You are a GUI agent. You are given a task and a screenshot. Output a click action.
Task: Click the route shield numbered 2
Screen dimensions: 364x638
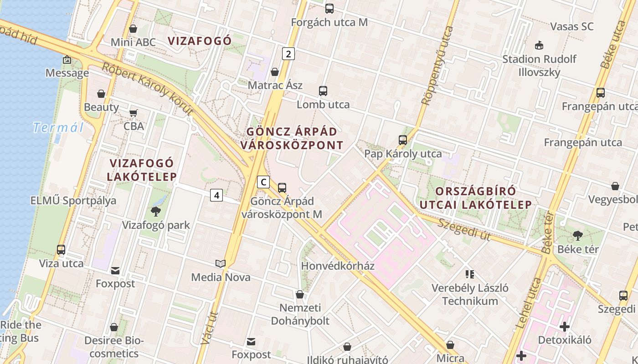coord(288,54)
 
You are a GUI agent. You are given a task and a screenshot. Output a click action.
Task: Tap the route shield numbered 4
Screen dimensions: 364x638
coord(216,195)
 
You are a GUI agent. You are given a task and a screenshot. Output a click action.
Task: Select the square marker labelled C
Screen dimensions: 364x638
coord(263,182)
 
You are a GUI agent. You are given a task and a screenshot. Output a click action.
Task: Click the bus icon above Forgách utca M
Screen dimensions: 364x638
coord(329,8)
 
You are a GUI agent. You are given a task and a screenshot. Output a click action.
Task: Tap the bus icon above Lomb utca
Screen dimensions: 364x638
coord(323,91)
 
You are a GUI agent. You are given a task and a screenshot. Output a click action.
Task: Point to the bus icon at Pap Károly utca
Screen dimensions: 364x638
coord(403,140)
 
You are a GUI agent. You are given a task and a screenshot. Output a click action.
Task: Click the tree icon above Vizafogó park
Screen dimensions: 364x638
coord(156,211)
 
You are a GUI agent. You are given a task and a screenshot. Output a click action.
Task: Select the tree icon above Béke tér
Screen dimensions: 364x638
coord(578,235)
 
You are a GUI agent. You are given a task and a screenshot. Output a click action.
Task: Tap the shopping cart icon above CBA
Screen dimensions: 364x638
coord(134,112)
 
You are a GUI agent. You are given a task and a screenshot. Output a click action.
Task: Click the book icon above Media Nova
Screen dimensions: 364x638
coord(221,263)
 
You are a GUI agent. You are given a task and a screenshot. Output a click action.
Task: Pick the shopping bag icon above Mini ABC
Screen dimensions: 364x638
coord(133,29)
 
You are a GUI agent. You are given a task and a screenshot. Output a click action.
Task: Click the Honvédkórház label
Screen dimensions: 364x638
coord(338,266)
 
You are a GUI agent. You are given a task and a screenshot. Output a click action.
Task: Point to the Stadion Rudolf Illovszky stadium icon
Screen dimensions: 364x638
coord(540,45)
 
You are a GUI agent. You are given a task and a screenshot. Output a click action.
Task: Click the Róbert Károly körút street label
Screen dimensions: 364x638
coord(147,88)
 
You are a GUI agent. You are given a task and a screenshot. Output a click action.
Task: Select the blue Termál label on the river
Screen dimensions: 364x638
coord(58,128)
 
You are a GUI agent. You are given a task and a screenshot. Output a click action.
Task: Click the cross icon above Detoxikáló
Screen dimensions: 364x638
coord(565,326)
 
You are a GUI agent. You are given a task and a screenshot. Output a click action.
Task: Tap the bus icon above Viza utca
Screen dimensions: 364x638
coord(61,249)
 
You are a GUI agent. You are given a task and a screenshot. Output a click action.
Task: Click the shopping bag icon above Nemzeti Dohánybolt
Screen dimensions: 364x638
coord(300,294)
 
